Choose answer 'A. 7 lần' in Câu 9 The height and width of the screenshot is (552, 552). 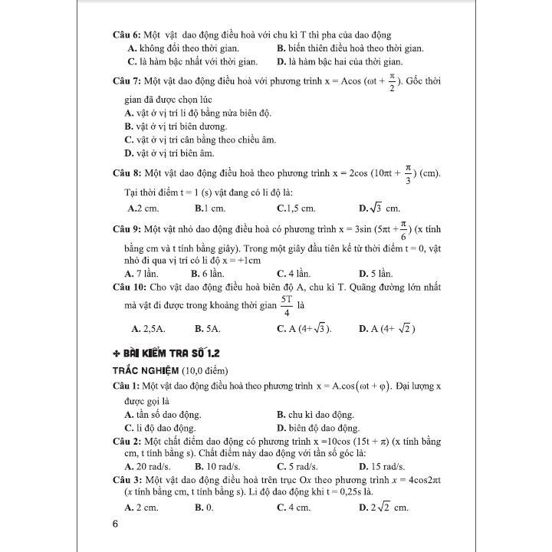coord(146,274)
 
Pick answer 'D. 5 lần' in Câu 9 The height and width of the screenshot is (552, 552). coord(376,274)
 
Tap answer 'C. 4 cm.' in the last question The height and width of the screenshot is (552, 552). coord(293,508)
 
